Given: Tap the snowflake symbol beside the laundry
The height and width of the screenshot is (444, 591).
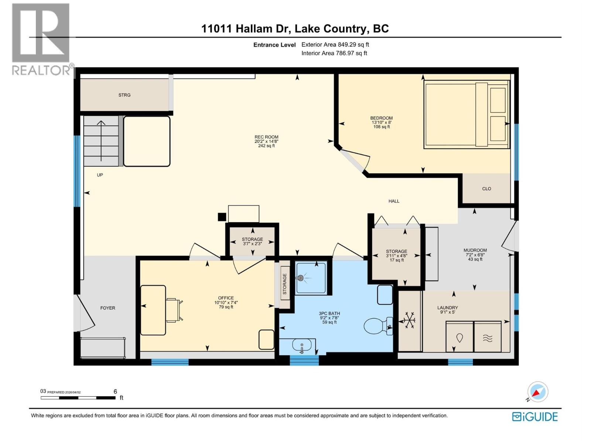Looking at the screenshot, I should point(409,320).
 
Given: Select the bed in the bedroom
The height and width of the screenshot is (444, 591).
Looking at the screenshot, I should point(467,114).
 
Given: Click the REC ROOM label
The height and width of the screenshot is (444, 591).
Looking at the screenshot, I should point(266,137).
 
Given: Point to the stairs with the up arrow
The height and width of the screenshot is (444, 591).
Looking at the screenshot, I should point(101,141).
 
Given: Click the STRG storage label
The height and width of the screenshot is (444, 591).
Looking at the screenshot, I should point(124,95).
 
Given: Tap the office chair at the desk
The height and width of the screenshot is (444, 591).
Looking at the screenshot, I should point(174,310).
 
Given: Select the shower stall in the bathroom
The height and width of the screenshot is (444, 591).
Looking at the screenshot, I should point(311,278).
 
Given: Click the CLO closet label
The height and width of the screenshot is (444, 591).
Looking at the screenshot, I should point(486,189).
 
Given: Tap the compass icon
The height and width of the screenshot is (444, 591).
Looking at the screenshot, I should point(537,392).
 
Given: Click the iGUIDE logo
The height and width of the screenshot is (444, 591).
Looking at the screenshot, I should point(535,417).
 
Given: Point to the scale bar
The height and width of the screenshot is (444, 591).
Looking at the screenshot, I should point(78,398).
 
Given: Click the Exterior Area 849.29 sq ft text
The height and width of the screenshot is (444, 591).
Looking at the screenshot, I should point(335,45).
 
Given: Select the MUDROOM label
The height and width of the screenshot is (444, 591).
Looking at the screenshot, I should point(475,250).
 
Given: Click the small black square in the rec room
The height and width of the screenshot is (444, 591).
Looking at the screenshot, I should point(222,217).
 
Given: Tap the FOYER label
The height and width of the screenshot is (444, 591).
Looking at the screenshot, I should point(107,308).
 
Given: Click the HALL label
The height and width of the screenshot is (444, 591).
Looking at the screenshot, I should point(394,201).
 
